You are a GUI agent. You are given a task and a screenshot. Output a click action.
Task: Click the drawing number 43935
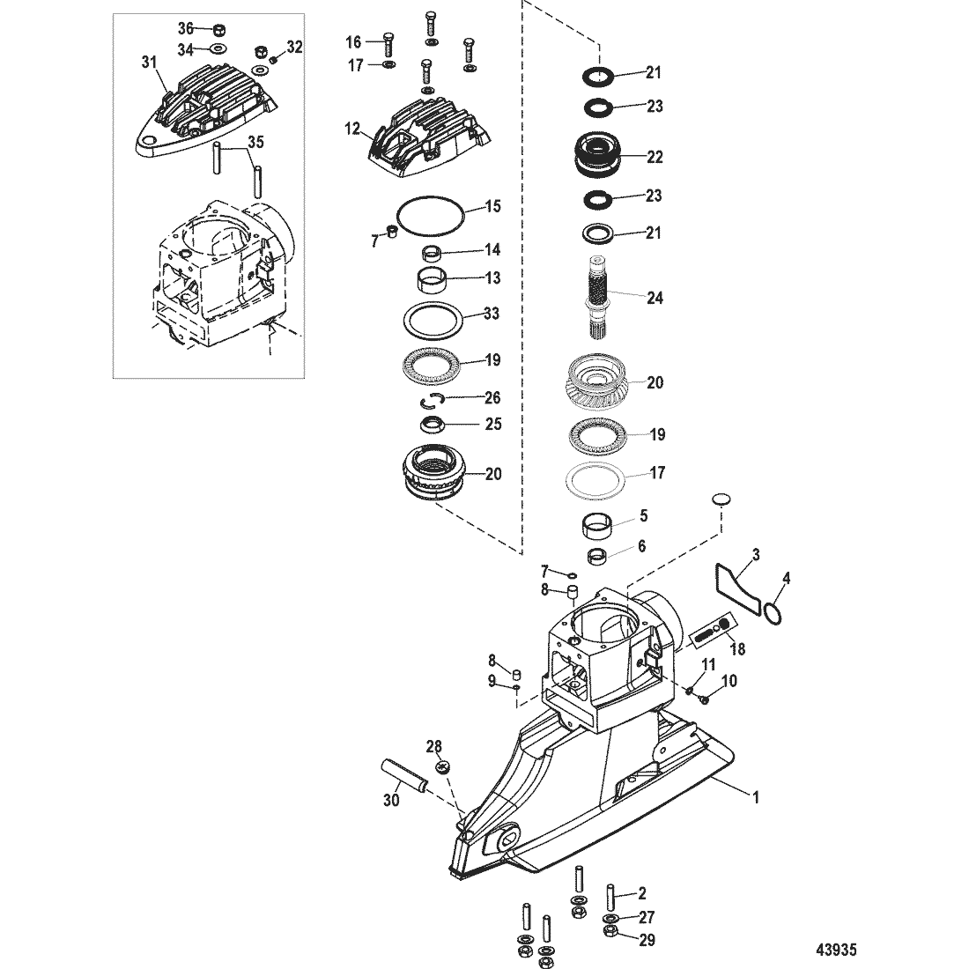tap(836, 950)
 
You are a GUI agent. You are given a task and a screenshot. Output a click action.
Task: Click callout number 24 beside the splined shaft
tap(655, 298)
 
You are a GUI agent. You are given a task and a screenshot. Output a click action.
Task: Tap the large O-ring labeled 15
tap(430, 216)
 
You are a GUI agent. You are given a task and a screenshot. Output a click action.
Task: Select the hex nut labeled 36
tap(218, 30)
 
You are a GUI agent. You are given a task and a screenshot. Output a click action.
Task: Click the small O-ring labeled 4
tap(773, 613)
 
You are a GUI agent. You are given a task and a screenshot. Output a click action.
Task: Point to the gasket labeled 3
tap(738, 587)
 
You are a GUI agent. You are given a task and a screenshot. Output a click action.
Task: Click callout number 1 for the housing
tap(755, 797)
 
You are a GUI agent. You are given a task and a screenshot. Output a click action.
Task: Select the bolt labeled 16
tap(388, 43)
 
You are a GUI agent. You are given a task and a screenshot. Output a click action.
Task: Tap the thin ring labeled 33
tap(433, 322)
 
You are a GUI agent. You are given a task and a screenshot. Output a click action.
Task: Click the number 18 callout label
tap(737, 649)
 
